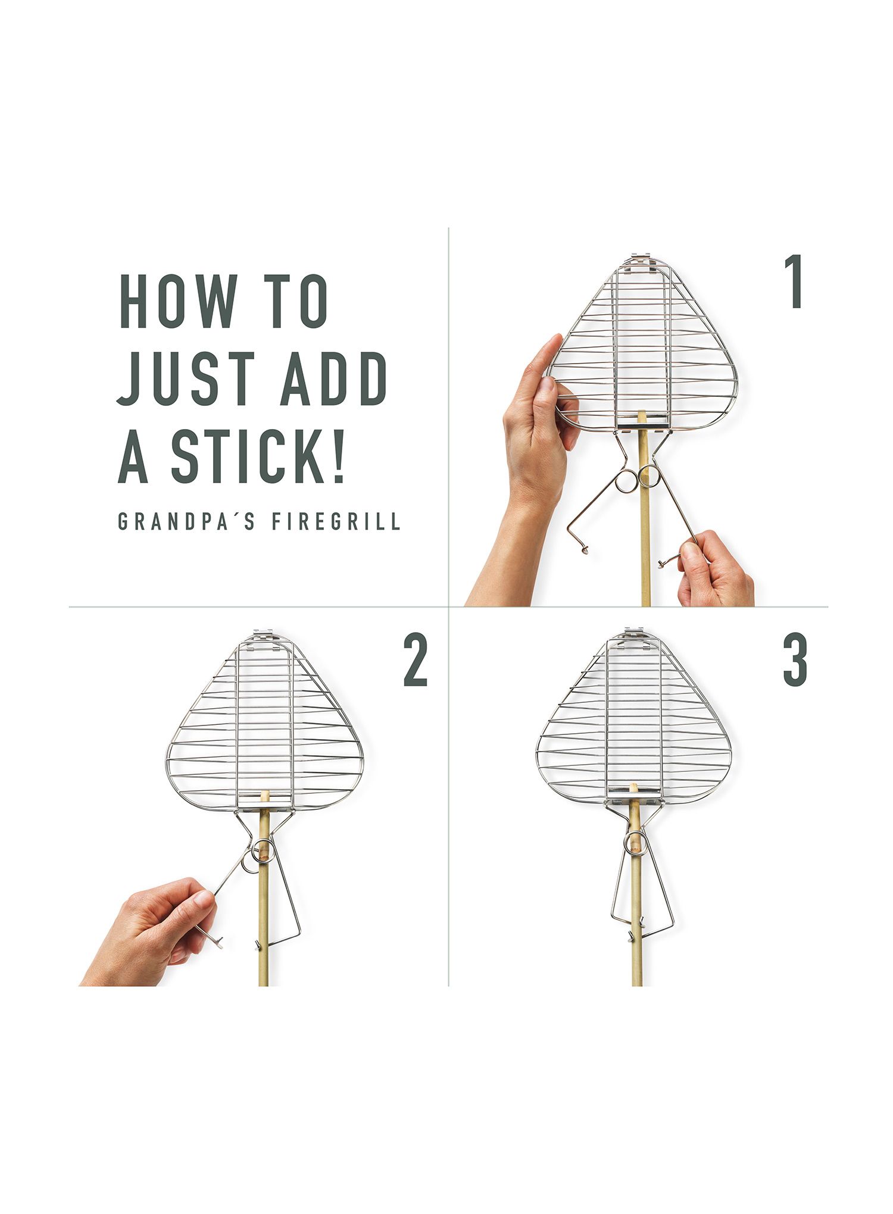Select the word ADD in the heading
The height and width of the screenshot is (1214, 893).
point(334,378)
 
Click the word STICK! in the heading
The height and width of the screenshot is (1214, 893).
point(258,455)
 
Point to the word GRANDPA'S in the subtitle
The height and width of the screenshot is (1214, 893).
point(186,521)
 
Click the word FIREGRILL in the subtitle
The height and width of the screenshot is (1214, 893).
point(336,521)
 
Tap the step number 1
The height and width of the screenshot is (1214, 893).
point(794,281)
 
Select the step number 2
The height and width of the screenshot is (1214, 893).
point(416,661)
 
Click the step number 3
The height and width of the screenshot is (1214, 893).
point(795,661)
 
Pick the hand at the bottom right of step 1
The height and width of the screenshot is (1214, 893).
point(714,570)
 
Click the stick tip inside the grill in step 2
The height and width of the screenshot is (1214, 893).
point(265,796)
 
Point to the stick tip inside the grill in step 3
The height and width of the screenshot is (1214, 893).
point(633,788)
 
